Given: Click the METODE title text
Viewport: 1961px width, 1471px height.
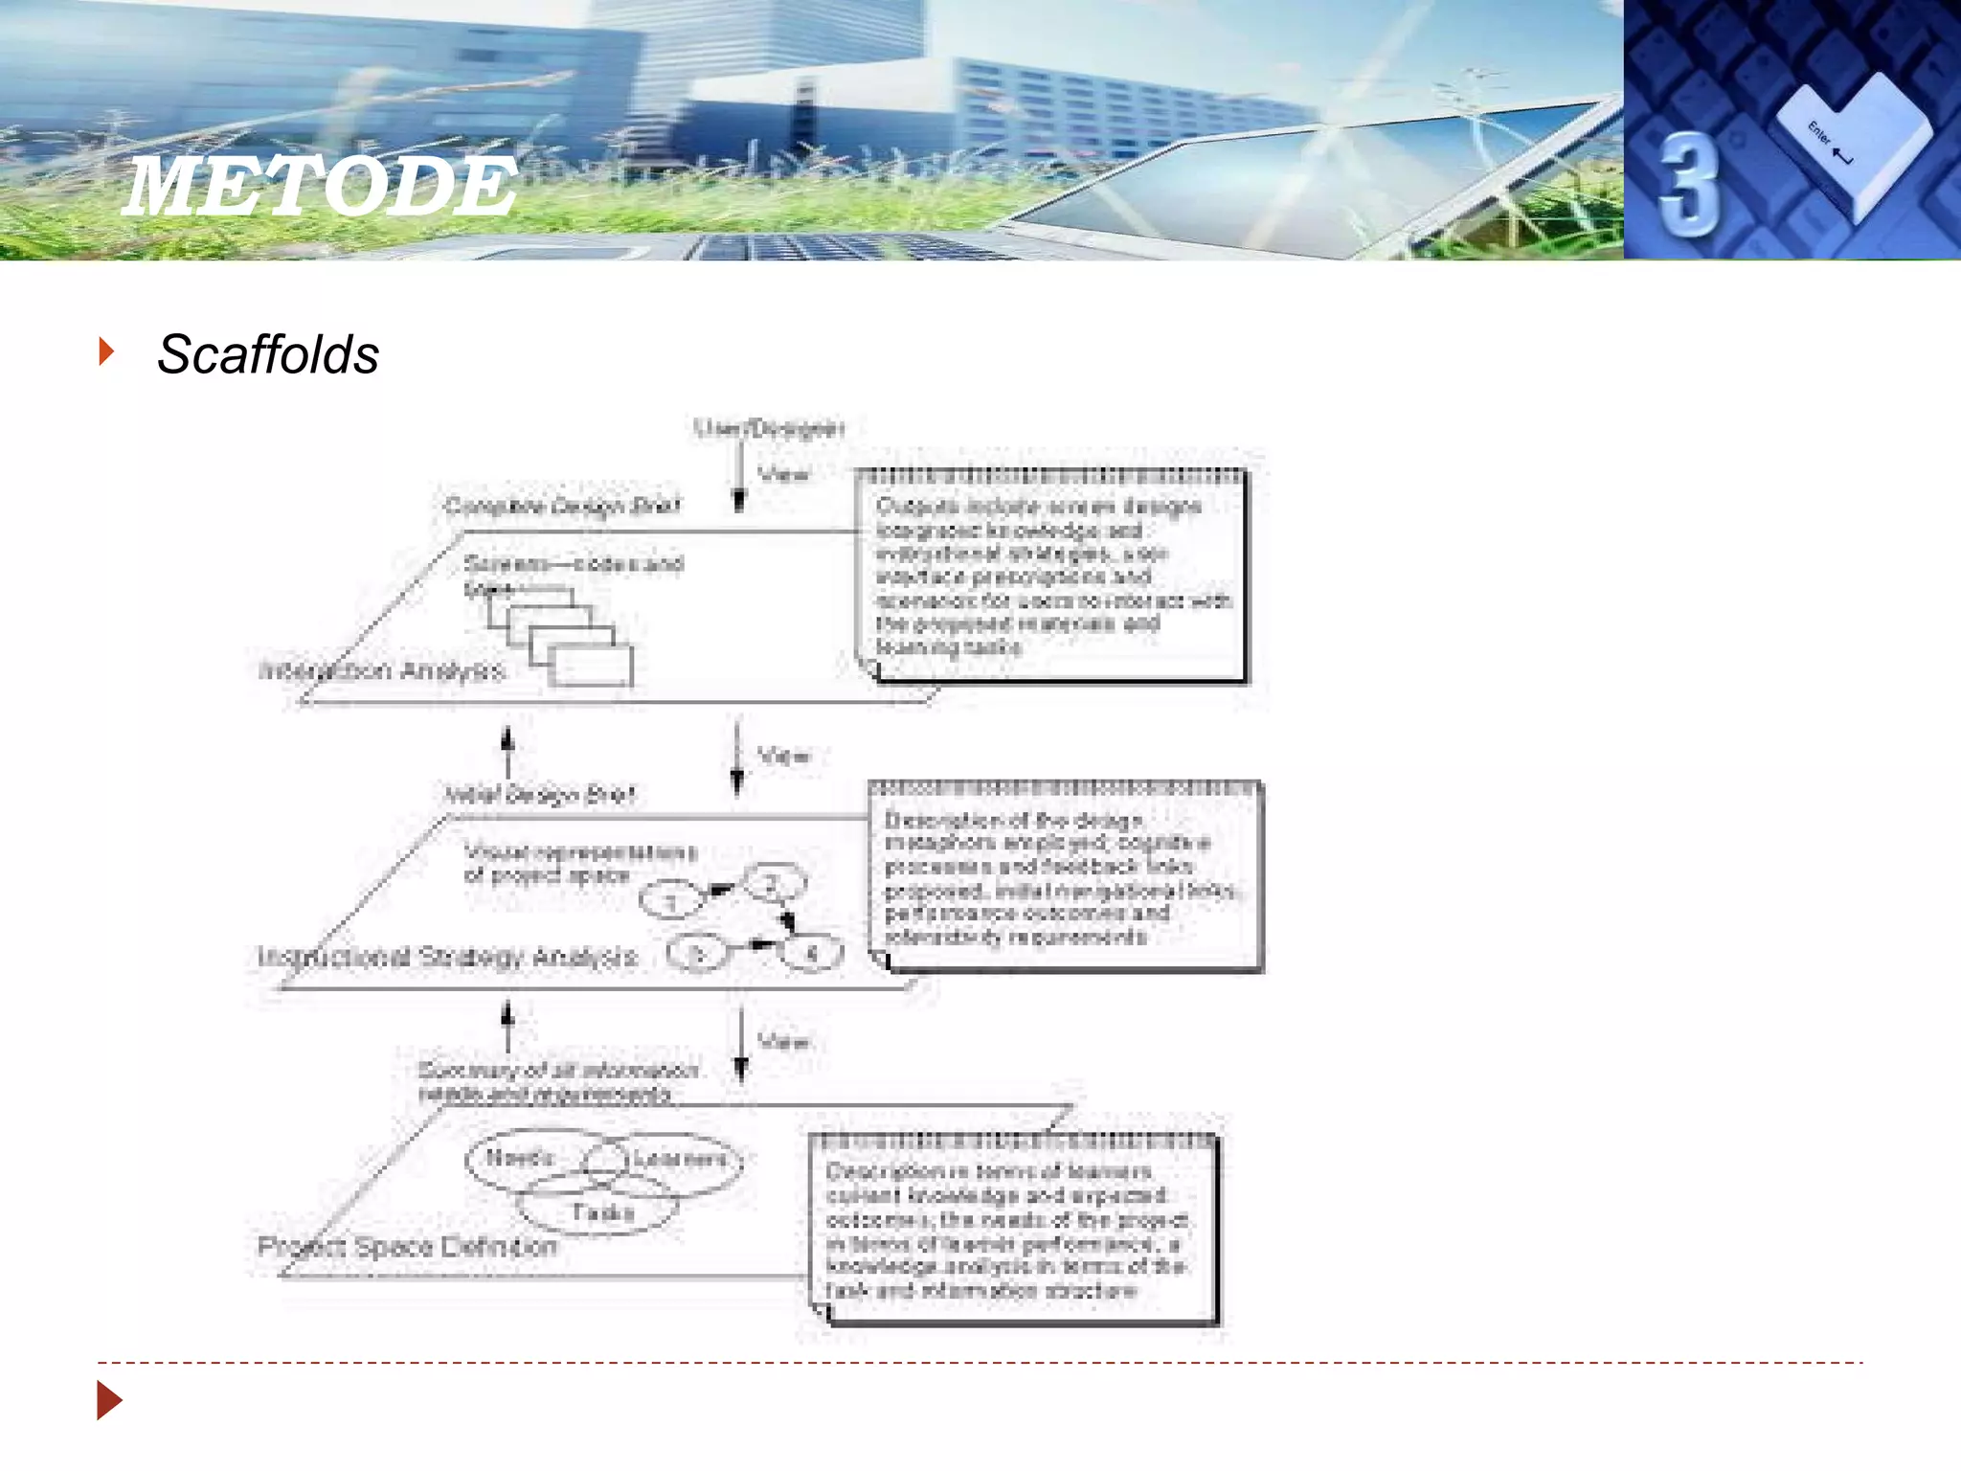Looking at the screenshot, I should point(322,187).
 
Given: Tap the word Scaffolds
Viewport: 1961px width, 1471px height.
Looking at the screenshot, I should point(268,354).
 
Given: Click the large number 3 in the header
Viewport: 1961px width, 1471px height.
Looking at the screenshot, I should point(1687,184).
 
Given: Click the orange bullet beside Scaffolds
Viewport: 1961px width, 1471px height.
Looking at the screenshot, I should point(106,351).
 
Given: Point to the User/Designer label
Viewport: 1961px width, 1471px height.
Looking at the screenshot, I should point(769,428).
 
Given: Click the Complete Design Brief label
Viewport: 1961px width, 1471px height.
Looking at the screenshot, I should point(562,506).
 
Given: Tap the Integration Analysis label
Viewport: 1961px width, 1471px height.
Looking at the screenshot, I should point(381,670).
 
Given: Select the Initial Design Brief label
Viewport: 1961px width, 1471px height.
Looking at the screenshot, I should point(539,794).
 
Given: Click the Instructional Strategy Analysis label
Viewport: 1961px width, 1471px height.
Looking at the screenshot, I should point(447,957).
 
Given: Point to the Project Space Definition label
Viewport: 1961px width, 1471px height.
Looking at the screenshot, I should point(407,1246).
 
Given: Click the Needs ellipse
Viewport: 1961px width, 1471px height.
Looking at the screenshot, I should point(520,1158).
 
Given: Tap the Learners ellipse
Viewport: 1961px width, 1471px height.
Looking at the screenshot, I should point(680,1159).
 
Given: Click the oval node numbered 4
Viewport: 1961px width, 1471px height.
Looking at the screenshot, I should point(812,953).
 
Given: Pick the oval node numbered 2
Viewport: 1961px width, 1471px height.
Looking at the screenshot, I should point(772,883).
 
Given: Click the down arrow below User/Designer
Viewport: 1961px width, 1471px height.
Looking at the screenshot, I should point(739,474).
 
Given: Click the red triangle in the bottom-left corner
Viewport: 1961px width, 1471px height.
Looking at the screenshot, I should point(109,1401).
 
